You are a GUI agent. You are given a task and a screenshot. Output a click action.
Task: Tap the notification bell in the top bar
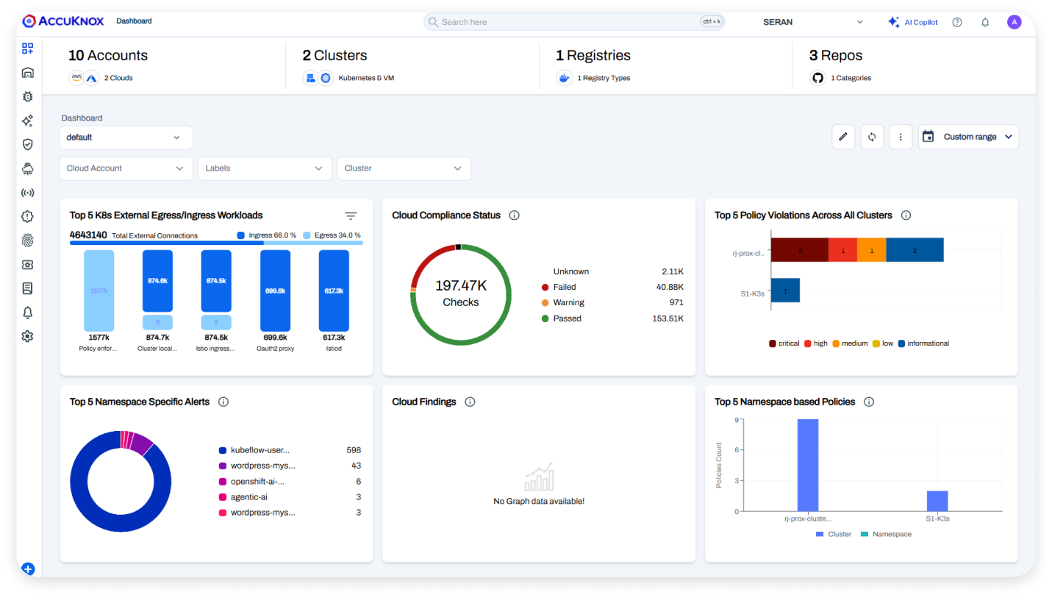985,22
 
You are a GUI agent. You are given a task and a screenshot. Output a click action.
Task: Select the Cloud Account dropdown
126,168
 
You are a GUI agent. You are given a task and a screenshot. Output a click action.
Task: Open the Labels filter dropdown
265,168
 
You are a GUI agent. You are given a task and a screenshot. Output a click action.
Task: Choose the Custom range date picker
968,137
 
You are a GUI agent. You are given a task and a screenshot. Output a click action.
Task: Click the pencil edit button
843,137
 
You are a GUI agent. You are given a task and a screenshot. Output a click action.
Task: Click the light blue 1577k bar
99,291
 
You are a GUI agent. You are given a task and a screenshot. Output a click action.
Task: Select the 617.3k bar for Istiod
334,291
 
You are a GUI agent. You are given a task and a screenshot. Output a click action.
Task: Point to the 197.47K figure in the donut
461,285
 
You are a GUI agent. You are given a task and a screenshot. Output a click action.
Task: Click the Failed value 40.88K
670,287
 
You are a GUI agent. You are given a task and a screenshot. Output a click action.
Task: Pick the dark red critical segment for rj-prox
799,250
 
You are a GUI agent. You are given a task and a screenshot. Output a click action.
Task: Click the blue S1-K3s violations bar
785,291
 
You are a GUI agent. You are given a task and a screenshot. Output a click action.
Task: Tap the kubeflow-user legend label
260,450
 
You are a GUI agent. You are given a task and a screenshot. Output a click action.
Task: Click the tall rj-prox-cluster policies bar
808,465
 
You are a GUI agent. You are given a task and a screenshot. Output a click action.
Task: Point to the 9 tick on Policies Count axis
737,420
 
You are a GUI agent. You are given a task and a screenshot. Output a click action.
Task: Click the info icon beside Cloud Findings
470,402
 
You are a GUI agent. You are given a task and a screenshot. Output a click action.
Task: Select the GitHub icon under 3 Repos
817,78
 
